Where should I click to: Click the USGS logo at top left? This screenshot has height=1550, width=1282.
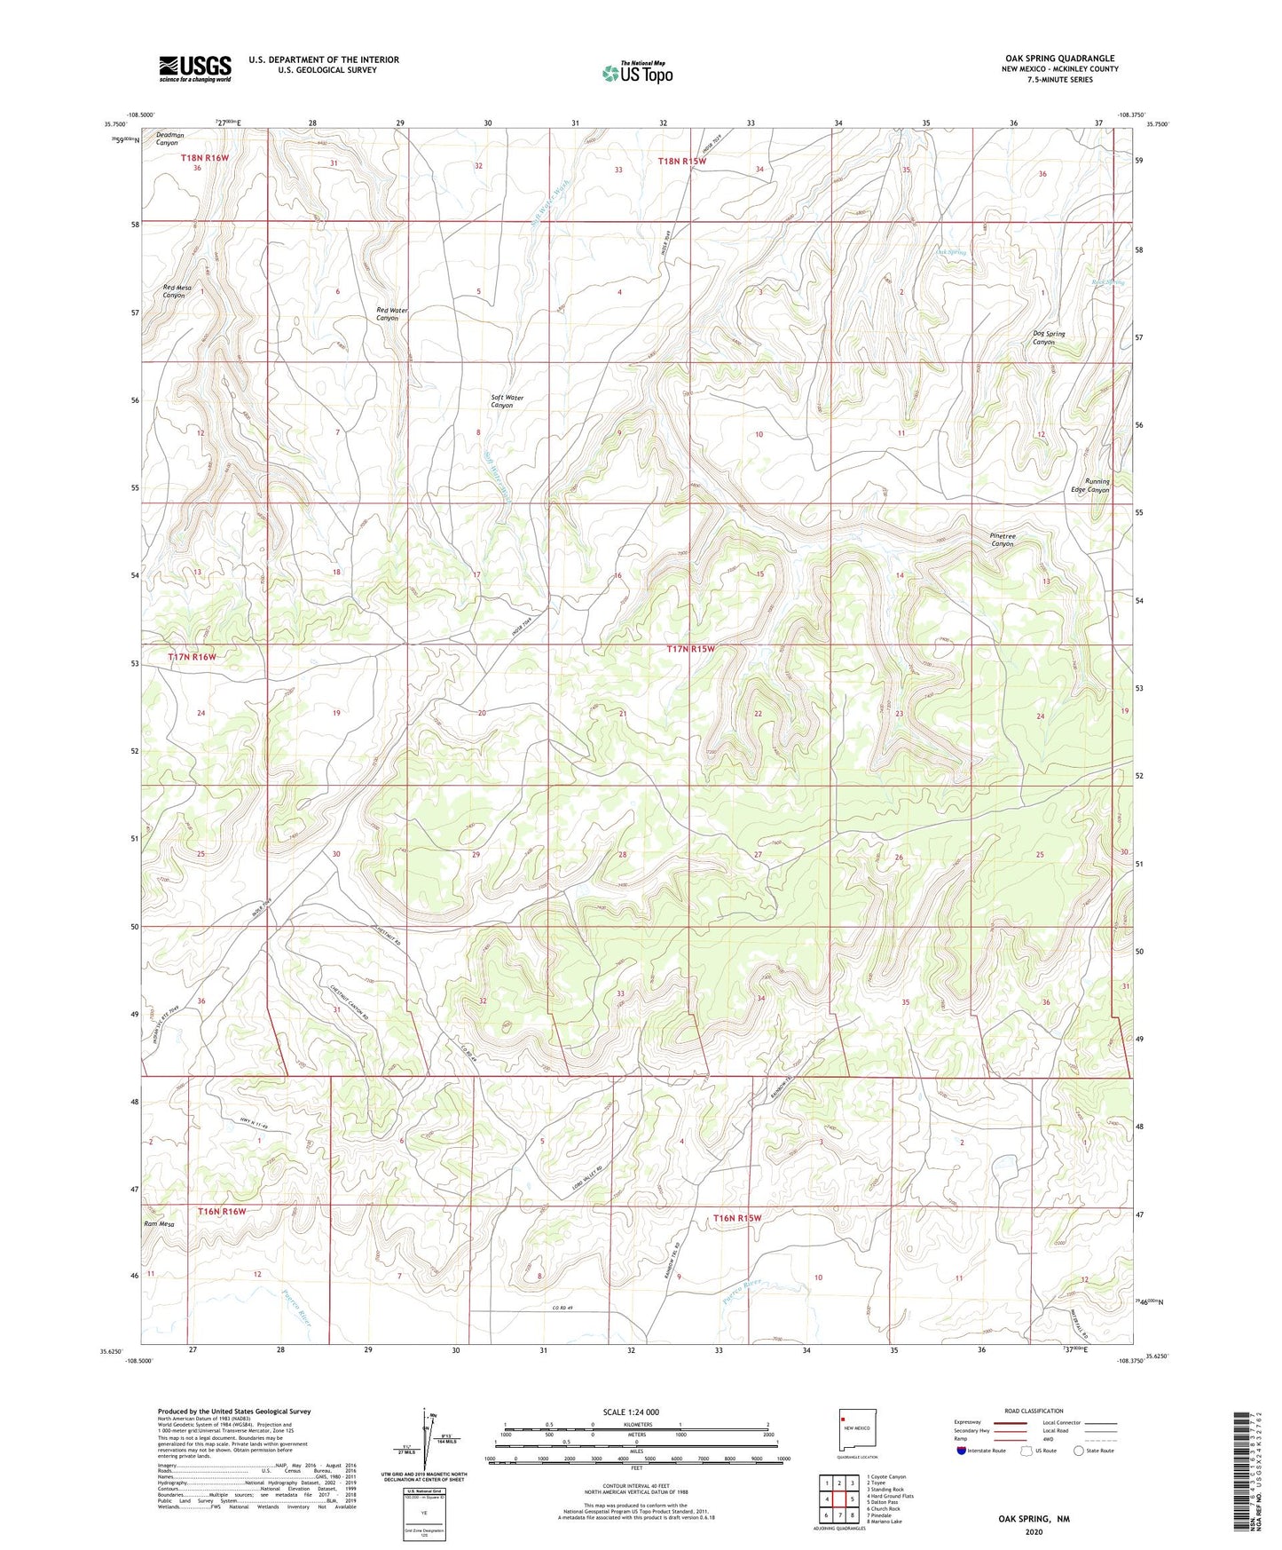point(195,68)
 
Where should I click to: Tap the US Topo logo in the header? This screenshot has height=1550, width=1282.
point(637,72)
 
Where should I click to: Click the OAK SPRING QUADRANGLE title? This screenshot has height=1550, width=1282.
point(1059,58)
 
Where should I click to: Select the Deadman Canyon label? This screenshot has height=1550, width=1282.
point(169,138)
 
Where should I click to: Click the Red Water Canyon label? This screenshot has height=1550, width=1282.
point(391,314)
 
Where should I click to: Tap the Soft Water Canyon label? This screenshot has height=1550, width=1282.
point(507,401)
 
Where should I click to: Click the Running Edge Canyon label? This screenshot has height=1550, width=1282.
point(1090,486)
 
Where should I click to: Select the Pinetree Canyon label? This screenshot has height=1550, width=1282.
point(1002,540)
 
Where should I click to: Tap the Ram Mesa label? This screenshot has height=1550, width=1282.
point(159,1224)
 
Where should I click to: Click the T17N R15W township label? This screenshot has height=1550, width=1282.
point(690,649)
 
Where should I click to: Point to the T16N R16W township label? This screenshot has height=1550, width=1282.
point(222,1211)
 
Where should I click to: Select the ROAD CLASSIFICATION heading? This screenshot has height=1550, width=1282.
point(1034,1411)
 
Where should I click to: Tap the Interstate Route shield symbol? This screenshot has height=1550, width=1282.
point(962,1451)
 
